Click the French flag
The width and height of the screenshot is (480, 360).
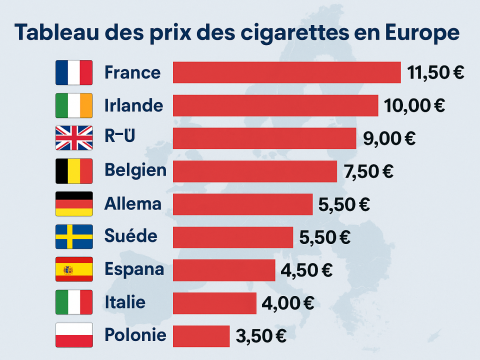point(73,72)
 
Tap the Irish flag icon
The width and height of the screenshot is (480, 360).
point(73,105)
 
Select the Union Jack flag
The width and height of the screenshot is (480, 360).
point(73,138)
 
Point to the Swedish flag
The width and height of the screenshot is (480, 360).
point(73,237)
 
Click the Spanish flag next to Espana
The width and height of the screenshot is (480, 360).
point(73,270)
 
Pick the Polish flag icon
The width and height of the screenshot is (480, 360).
point(73,335)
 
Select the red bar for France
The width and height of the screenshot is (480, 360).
point(286,72)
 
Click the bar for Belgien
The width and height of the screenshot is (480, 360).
point(255,171)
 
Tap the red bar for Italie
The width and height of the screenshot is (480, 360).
point(215,303)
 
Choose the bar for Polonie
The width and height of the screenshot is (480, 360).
point(201,335)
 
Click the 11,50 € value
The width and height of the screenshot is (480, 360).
point(435,72)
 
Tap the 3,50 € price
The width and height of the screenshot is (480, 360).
point(263,335)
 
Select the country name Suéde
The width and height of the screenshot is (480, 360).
point(129,237)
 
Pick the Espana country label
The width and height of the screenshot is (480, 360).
point(132,270)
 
